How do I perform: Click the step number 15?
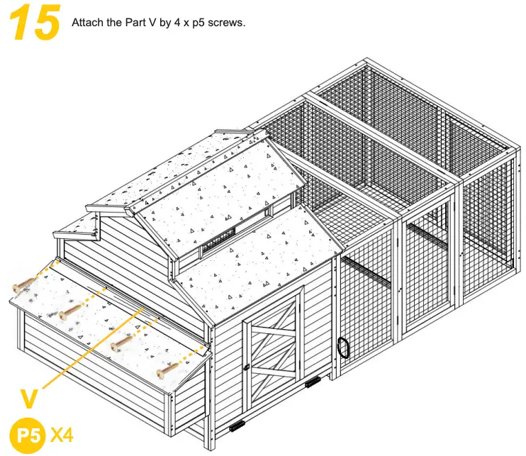34,22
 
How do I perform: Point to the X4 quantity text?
62,433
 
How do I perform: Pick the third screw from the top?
121,343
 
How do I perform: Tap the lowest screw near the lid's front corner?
167,369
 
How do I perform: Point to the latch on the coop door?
247,367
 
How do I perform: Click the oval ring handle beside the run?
344,347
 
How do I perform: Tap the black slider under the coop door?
236,427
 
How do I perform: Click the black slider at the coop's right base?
313,384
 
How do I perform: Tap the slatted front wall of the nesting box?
92,369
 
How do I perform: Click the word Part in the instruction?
126,23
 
